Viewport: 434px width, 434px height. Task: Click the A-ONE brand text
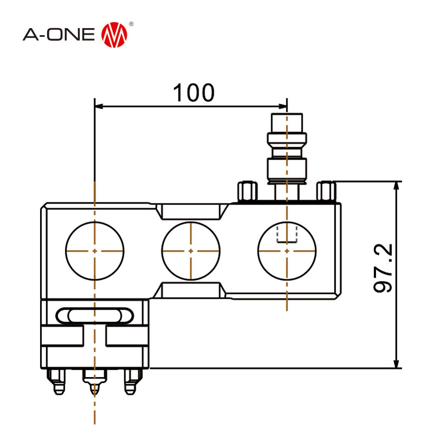pos(60,35)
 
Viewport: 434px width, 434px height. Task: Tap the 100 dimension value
pos(193,93)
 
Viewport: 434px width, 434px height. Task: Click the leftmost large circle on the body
pos(95,251)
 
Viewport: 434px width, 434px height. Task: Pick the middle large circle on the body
pos(191,251)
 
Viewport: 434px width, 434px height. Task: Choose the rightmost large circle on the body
pos(287,251)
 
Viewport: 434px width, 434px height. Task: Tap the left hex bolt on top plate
pos(246,190)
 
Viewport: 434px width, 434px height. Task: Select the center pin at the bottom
pos(95,382)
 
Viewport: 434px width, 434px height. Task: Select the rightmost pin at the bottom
pos(130,382)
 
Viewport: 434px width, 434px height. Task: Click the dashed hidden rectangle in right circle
pos(287,234)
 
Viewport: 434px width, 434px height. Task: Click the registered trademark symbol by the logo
pos(131,25)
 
